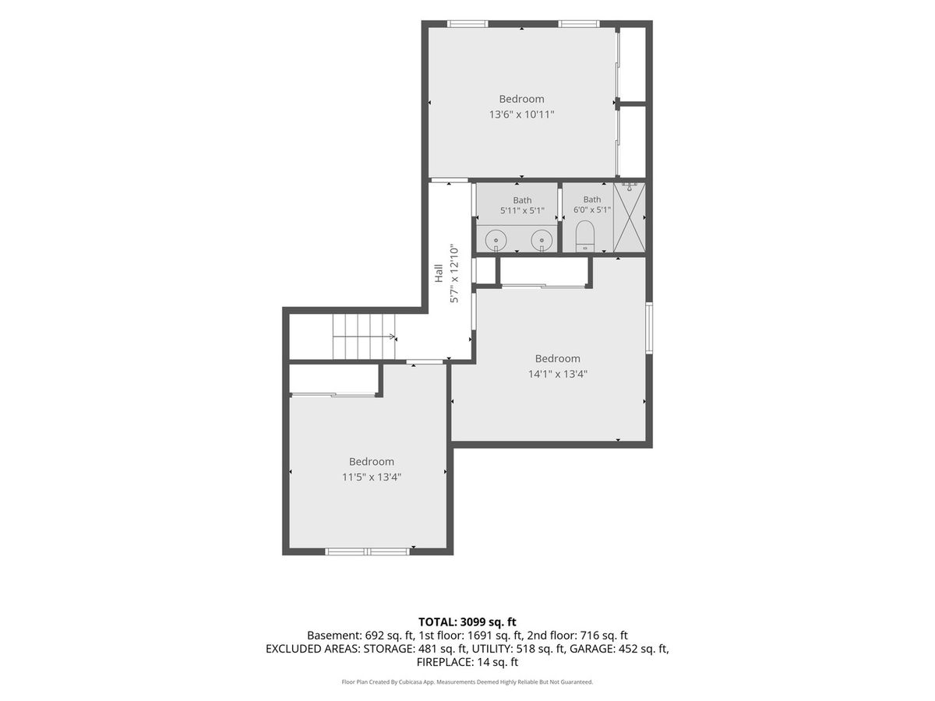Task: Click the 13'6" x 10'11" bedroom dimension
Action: tap(521, 114)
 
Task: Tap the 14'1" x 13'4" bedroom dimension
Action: tap(558, 374)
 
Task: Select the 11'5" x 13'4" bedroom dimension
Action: tap(372, 477)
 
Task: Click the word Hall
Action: tap(439, 273)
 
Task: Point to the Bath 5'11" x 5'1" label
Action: tap(522, 205)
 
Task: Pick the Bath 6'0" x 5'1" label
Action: tap(592, 205)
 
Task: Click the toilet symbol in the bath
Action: tap(585, 236)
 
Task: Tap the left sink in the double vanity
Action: tap(496, 241)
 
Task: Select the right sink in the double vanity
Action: tap(542, 241)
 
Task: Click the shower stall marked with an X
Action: tap(629, 217)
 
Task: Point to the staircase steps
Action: tap(364, 336)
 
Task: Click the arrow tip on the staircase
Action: tap(394, 336)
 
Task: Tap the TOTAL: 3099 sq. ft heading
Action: tap(467, 622)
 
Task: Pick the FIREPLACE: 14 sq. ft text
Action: tap(467, 662)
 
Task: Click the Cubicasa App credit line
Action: tap(467, 682)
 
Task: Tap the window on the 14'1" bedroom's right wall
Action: tap(649, 328)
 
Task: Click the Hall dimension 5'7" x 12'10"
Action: tap(454, 273)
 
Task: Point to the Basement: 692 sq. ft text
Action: tap(361, 636)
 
